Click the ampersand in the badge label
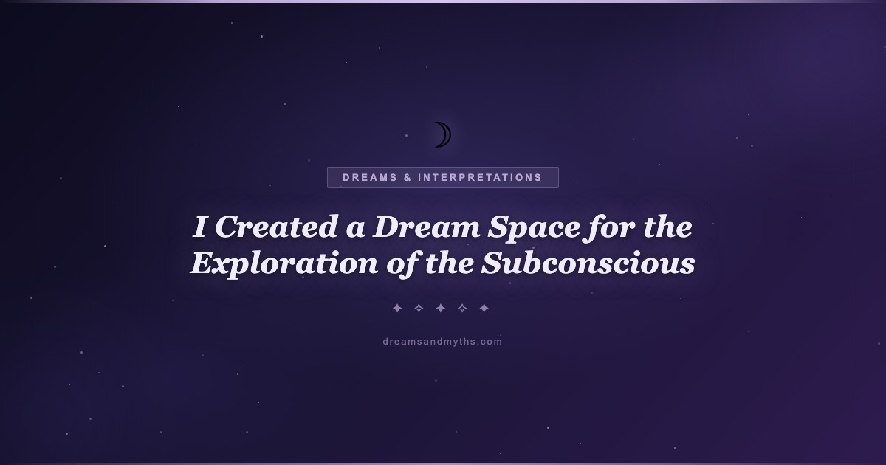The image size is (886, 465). [x=408, y=178]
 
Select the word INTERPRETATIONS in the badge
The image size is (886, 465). [x=480, y=178]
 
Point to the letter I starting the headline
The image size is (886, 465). [x=200, y=227]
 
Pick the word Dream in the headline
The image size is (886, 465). [x=426, y=227]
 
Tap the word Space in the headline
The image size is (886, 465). [x=534, y=229]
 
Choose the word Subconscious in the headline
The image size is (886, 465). [x=588, y=263]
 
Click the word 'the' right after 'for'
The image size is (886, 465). [x=667, y=227]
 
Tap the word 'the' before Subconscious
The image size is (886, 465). [x=450, y=263]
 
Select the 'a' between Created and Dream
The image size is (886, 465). [x=355, y=230]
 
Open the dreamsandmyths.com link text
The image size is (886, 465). [x=442, y=342]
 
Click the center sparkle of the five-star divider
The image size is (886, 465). [x=441, y=308]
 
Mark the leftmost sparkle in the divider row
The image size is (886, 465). [x=397, y=308]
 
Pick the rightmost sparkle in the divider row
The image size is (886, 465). [x=484, y=308]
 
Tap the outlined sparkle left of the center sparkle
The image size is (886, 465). [x=419, y=308]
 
